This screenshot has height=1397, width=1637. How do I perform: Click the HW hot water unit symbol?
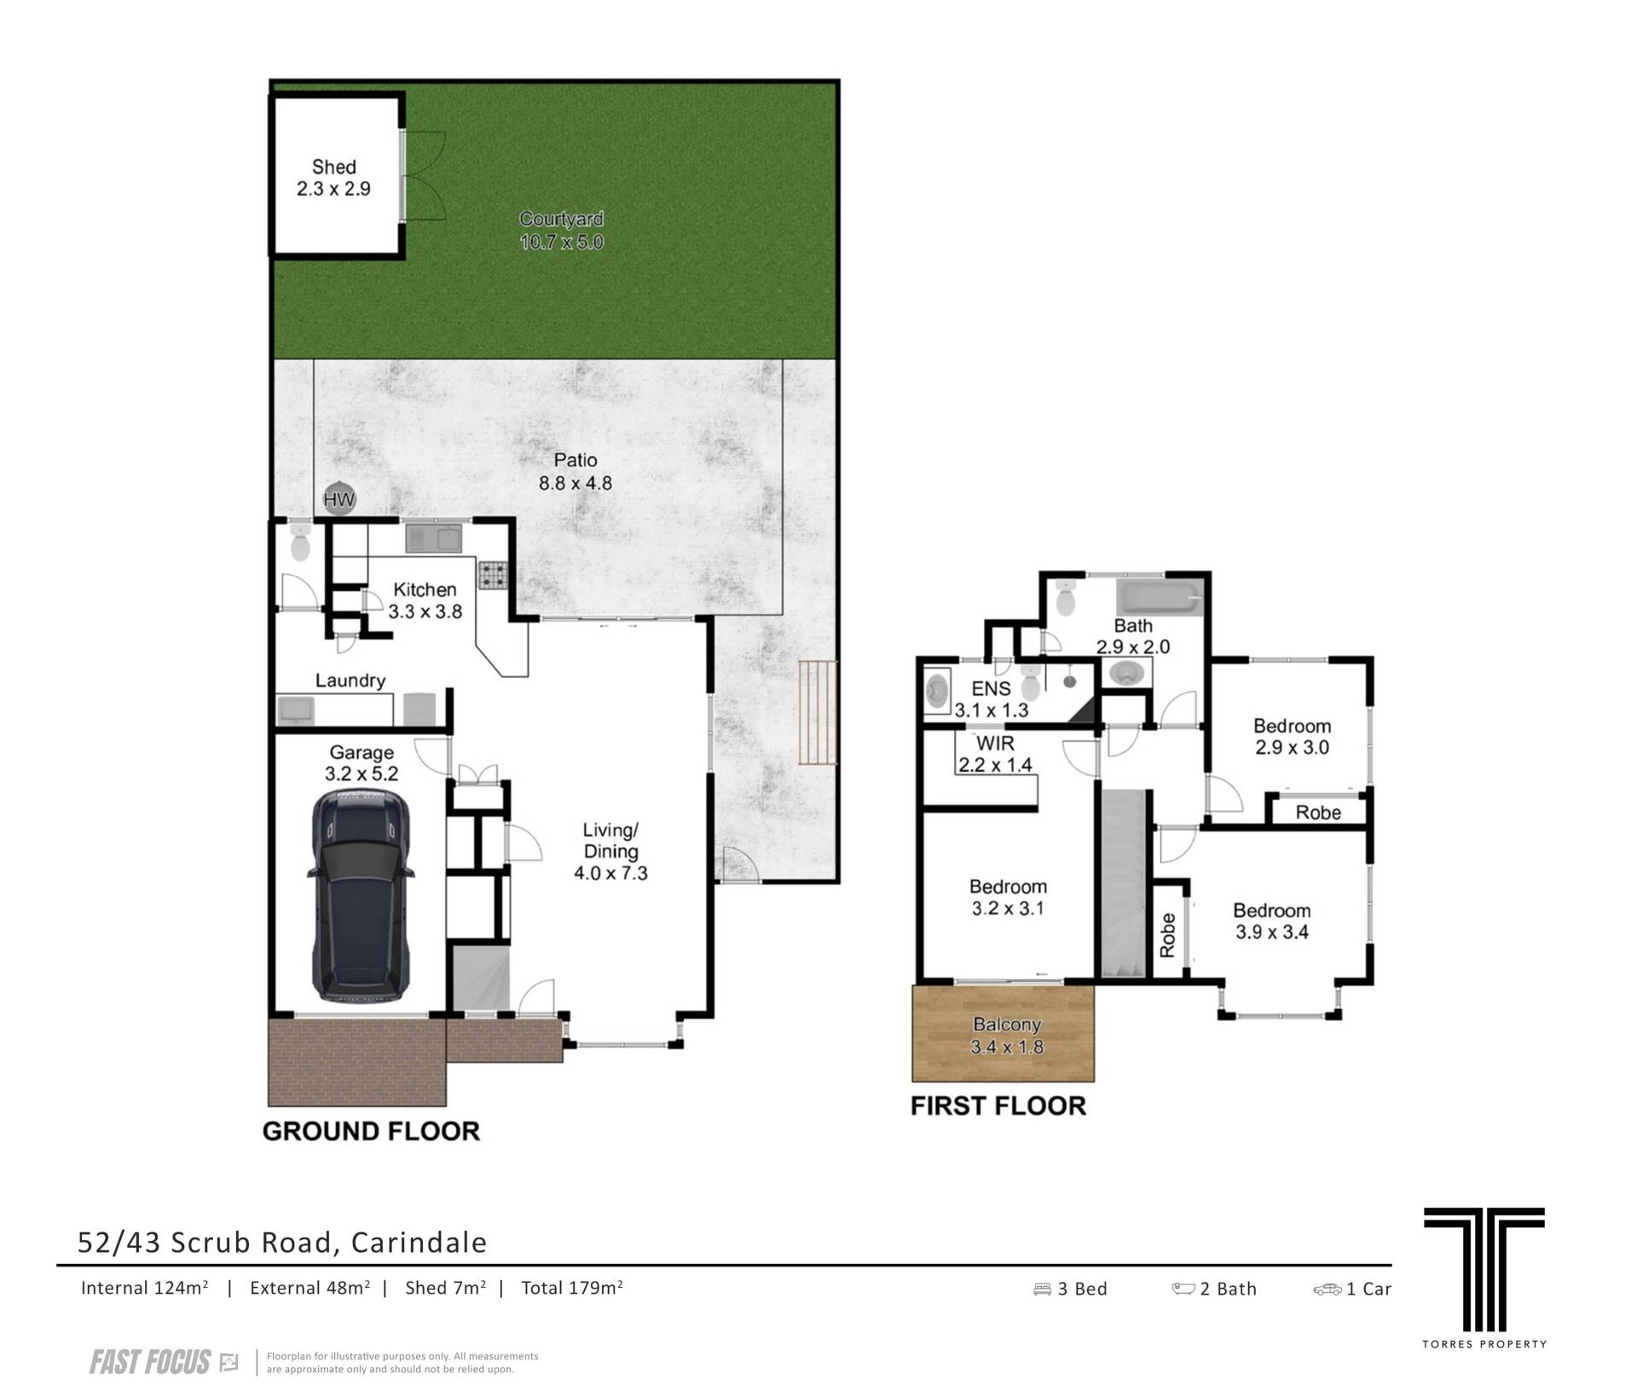pos(338,500)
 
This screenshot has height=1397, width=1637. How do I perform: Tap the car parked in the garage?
pos(361,896)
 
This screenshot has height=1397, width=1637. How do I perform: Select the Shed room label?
pos(333,167)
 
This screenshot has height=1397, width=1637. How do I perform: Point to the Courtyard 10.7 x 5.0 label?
pos(562,230)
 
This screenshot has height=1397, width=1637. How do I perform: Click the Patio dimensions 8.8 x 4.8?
pos(576,483)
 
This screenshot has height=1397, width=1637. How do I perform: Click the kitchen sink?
pos(433,538)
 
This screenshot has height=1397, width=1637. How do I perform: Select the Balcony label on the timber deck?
pos(1007,1025)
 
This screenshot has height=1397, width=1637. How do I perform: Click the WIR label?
pos(995,743)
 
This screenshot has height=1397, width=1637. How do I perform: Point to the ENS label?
pos(992,688)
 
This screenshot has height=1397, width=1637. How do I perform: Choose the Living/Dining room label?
pos(610,840)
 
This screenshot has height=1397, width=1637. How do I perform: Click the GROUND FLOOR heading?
pos(371,1131)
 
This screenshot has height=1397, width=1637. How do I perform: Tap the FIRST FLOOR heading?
pos(998,1105)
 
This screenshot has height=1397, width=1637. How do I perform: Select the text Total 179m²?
pos(572,1288)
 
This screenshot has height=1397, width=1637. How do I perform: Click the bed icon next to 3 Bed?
pos(1042,1289)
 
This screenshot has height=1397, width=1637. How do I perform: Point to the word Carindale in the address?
pos(419,1243)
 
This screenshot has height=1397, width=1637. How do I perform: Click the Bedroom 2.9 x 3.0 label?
pos(1292,737)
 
